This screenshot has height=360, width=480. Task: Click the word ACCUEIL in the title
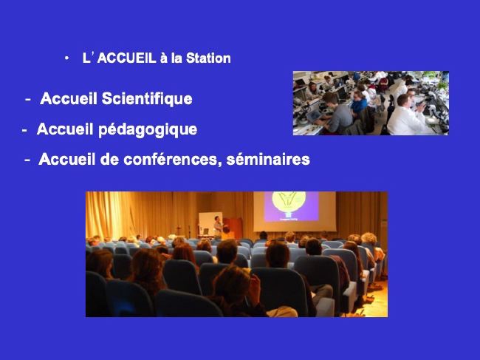click(127, 58)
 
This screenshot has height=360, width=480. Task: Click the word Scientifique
click(147, 99)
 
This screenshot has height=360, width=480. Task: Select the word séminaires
click(268, 160)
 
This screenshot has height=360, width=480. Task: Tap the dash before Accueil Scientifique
click(28, 99)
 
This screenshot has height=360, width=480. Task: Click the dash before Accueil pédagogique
click(24, 130)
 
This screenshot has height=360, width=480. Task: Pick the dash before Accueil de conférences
click(27, 160)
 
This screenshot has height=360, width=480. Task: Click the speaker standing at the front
click(218, 227)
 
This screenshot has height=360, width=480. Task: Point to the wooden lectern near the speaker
click(233, 228)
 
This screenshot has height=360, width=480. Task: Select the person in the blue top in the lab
click(359, 103)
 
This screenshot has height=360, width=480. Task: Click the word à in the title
click(164, 58)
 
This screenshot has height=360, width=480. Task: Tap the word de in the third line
click(109, 160)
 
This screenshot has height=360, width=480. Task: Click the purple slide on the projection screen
click(291, 206)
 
